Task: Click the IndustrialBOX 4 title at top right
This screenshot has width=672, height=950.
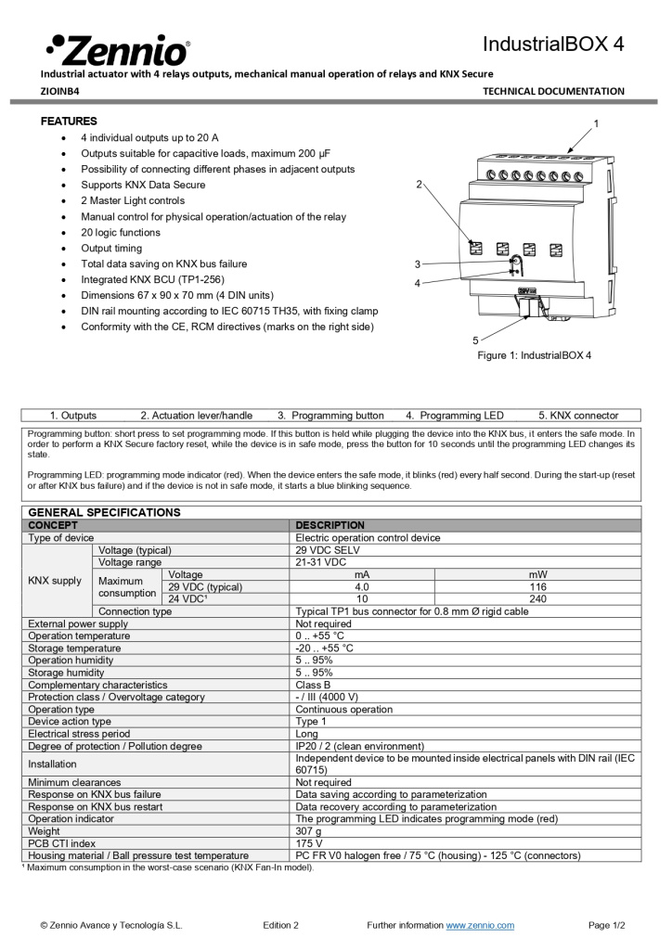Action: coord(553,45)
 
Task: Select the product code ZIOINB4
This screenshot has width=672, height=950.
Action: coord(60,91)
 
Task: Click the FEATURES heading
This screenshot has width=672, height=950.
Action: coord(69,122)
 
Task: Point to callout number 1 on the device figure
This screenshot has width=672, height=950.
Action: coord(596,123)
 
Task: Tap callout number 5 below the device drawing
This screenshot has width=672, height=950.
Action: coord(475,340)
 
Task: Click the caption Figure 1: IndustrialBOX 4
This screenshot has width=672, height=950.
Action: coord(534,355)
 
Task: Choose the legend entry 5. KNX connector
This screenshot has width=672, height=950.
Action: coord(578,416)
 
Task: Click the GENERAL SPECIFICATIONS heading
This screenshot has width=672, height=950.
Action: coord(104,512)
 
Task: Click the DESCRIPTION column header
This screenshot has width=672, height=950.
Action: coord(330,525)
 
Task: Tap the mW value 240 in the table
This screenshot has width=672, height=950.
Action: coord(536,599)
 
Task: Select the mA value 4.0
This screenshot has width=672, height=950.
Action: coord(362,587)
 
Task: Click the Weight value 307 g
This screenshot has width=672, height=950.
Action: coord(309,831)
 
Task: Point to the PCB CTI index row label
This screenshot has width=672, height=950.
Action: coord(62,843)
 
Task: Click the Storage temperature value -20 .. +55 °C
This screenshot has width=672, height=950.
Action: coord(324,648)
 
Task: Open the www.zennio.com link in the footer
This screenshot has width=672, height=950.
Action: coord(480,925)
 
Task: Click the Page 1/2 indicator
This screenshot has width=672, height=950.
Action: coord(607,925)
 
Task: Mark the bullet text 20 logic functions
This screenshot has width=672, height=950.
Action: coord(121,233)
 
